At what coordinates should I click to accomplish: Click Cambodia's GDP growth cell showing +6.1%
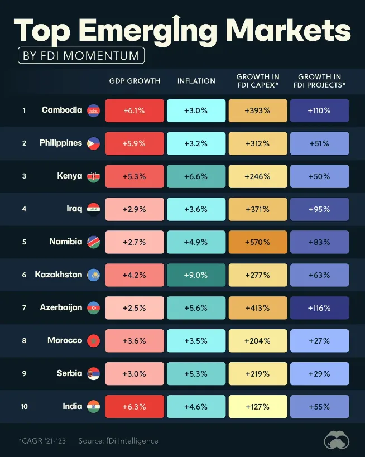pyautogui.click(x=135, y=110)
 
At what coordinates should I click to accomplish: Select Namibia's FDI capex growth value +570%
pyautogui.click(x=258, y=242)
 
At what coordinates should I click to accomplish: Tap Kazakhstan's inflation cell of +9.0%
pyautogui.click(x=196, y=275)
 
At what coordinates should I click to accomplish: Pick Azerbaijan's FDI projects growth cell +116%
pyautogui.click(x=320, y=308)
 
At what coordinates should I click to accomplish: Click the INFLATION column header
pyautogui.click(x=196, y=81)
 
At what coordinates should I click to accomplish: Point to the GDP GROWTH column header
pyautogui.click(x=135, y=81)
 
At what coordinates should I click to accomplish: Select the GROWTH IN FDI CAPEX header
pyautogui.click(x=258, y=81)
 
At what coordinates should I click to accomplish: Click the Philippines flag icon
pyautogui.click(x=94, y=143)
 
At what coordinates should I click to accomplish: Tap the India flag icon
pyautogui.click(x=94, y=407)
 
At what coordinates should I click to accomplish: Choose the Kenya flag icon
pyautogui.click(x=94, y=176)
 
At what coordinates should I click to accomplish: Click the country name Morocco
pyautogui.click(x=65, y=340)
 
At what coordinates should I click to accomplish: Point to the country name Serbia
pyautogui.click(x=69, y=373)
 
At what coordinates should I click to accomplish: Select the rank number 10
pyautogui.click(x=24, y=406)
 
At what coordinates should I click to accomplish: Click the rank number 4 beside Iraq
pyautogui.click(x=24, y=209)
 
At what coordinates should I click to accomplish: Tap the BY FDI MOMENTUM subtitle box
pyautogui.click(x=81, y=55)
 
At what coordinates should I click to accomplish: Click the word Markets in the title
pyautogui.click(x=288, y=30)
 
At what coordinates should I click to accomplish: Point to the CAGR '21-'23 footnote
pyautogui.click(x=42, y=441)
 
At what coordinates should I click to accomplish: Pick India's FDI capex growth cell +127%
pyautogui.click(x=258, y=407)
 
